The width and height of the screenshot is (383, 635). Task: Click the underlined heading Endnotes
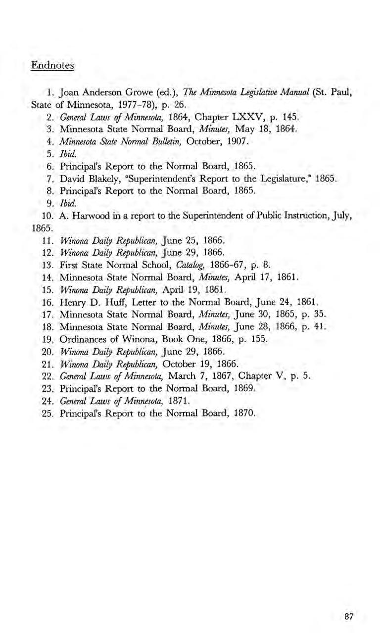[x=52, y=65]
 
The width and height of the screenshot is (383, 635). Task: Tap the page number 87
[x=350, y=617]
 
